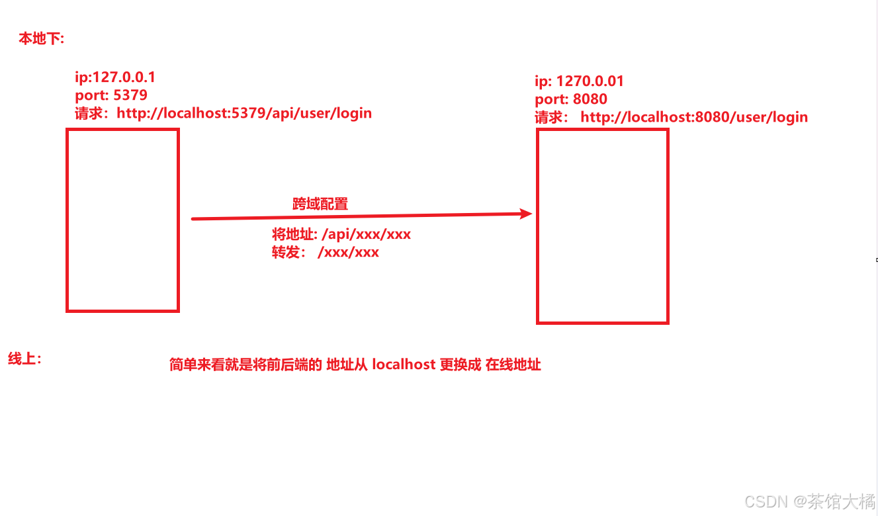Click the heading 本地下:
point(41,39)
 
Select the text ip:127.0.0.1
point(115,77)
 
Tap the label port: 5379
point(111,95)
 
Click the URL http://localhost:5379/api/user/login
point(244,113)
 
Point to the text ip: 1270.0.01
point(579,81)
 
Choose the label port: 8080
point(571,99)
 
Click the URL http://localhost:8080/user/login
point(694,117)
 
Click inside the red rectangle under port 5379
point(122,220)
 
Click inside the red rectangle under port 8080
point(602,226)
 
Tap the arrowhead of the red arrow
point(526,214)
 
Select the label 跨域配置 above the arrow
point(320,204)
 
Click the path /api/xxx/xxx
point(366,235)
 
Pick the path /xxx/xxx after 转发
point(348,252)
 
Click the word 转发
point(286,252)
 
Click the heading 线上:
point(25,359)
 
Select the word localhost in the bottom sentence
point(404,365)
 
